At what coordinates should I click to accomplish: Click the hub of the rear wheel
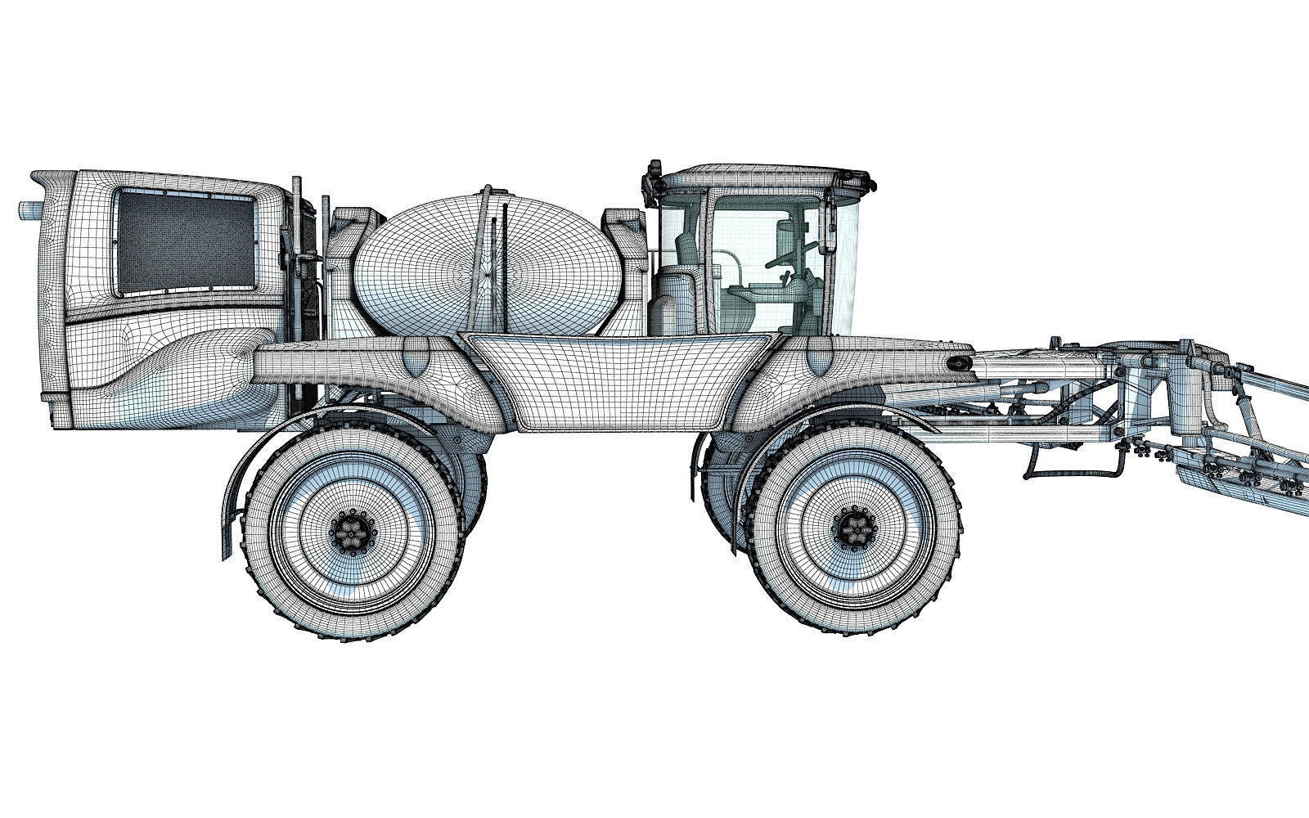pos(353,535)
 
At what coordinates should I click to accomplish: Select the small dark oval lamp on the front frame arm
pos(955,364)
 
